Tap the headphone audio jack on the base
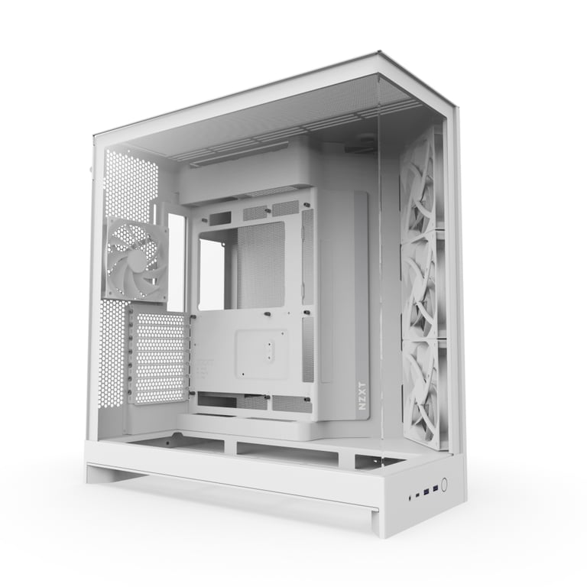[x=410, y=498]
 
